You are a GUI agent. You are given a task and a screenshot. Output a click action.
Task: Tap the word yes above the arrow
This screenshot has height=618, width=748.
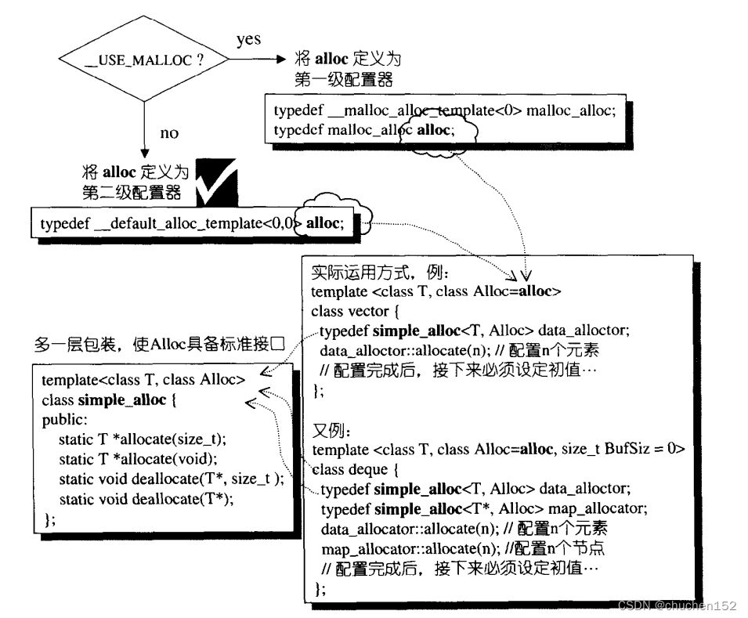[x=248, y=39]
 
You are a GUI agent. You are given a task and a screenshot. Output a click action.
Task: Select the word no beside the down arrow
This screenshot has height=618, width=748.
[x=169, y=133]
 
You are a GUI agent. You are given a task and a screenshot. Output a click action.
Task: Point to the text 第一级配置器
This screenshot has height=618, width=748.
[x=343, y=79]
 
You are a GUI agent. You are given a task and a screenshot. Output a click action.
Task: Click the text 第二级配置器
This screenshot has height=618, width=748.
[x=132, y=193]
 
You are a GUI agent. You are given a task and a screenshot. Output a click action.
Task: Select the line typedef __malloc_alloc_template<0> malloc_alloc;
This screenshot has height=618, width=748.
[x=445, y=111]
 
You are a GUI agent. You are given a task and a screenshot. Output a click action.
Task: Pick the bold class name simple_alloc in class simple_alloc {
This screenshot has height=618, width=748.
[x=121, y=401]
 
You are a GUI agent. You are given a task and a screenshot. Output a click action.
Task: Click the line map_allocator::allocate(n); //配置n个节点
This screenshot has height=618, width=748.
[x=462, y=548]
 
